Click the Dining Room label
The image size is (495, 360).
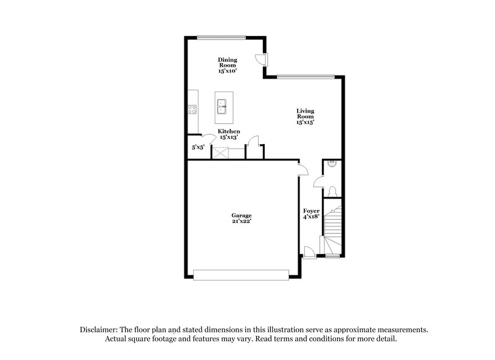227,62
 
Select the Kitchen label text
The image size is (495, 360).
229,132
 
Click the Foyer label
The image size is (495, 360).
311,211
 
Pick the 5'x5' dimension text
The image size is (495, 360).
198,148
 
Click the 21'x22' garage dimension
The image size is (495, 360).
241,221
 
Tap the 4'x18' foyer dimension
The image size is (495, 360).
311,216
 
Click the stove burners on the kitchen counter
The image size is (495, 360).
192,111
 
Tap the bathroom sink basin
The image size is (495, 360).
332,165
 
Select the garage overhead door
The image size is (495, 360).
241,274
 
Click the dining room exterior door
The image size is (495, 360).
262,59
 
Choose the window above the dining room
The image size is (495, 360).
222,37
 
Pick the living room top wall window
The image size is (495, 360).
305,77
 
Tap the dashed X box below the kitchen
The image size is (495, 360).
221,152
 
